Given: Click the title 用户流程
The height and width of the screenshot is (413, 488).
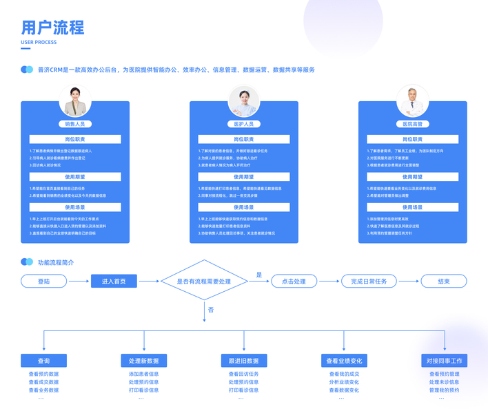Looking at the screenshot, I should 52,28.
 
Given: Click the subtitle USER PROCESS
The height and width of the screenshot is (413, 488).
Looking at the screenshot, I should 39,42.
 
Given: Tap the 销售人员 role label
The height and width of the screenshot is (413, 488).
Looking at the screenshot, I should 75,124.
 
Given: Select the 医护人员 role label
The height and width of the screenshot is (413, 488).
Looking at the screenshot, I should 243,124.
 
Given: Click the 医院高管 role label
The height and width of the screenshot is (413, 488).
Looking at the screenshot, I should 413,124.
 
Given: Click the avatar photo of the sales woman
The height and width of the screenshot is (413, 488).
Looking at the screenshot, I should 76,101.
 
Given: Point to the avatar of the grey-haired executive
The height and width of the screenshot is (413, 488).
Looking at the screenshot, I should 413,101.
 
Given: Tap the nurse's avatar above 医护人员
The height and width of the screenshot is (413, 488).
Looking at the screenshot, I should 243,101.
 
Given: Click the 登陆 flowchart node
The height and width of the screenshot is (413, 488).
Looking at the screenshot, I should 44,281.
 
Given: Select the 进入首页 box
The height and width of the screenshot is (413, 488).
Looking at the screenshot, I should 114,281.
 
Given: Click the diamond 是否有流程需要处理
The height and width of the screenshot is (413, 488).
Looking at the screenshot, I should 204,281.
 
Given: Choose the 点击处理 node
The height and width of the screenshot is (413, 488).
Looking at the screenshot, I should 289,281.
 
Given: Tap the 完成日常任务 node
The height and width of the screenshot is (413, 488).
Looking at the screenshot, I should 369,281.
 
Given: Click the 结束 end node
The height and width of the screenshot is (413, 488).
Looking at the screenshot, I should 445,281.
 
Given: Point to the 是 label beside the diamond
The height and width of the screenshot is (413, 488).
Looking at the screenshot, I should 259,274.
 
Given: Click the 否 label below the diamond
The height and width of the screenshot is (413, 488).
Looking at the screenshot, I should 210,310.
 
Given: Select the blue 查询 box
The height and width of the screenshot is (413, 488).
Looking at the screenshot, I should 44,361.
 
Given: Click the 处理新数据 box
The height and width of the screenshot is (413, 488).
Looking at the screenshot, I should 143,361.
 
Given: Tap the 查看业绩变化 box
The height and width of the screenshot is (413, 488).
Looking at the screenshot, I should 344,361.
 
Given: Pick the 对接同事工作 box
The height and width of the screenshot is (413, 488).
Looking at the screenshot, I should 445,361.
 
